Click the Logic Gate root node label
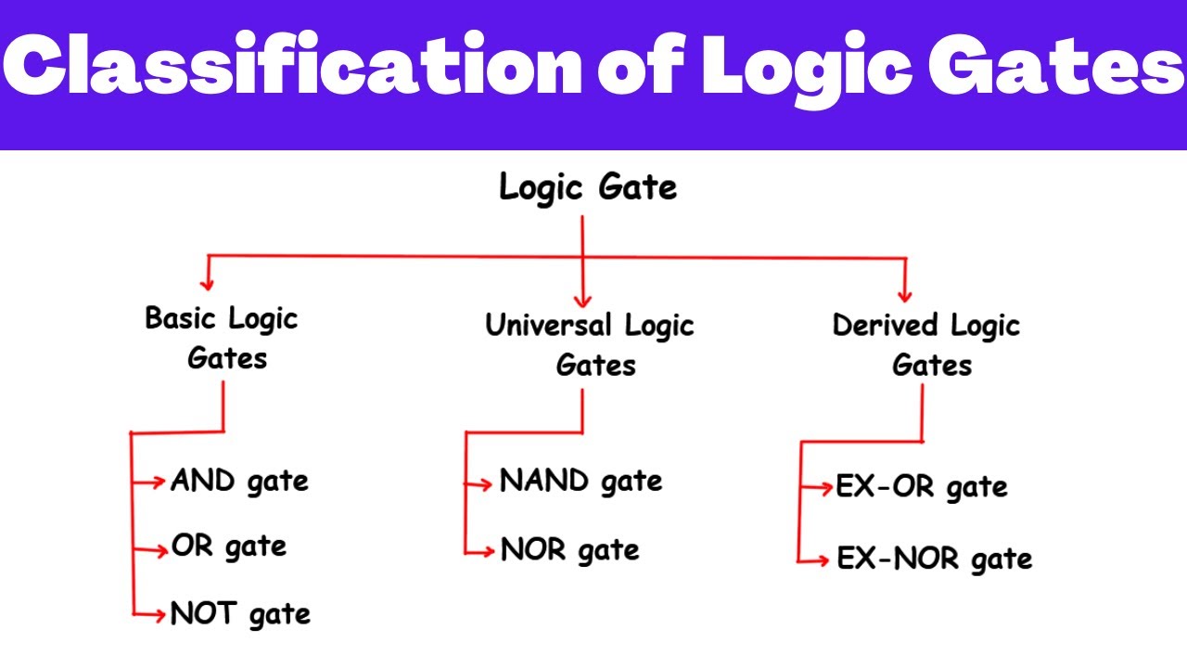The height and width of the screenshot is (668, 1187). tap(588, 188)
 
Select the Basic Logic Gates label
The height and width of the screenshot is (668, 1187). tap(223, 338)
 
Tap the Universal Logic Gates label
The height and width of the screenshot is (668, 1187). tap(590, 345)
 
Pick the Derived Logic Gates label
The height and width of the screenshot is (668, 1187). tap(926, 345)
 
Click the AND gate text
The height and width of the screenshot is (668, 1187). tap(239, 482)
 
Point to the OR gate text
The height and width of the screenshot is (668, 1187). tap(228, 547)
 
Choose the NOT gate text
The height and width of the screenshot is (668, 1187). tap(240, 614)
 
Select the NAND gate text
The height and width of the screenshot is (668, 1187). tap(581, 482)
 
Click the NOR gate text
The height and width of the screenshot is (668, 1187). tap(569, 550)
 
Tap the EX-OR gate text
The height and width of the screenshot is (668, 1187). tap(921, 487)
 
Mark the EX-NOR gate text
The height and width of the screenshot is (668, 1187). tap(934, 559)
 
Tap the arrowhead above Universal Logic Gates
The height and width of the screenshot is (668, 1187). tap(582, 299)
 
